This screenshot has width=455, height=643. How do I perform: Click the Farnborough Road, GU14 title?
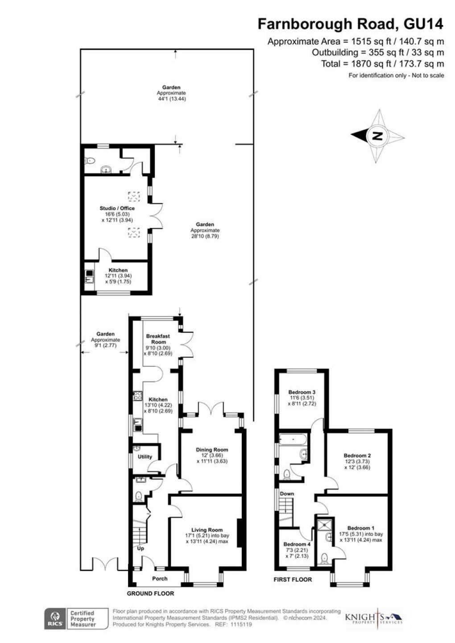click(x=351, y=24)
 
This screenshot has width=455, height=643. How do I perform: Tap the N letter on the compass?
click(x=377, y=136)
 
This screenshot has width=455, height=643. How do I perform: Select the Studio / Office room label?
click(x=117, y=208)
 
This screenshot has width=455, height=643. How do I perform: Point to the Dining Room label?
click(x=212, y=450)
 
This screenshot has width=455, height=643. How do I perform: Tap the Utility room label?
click(x=145, y=456)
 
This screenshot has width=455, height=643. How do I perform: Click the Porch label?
click(x=160, y=578)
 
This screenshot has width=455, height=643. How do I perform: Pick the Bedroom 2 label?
click(x=357, y=456)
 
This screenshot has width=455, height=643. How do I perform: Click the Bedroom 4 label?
click(x=297, y=544)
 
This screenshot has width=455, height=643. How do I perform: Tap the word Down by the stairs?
click(x=287, y=494)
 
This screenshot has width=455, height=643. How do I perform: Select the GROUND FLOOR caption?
click(x=150, y=593)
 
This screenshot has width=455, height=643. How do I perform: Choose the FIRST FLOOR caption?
click(x=293, y=580)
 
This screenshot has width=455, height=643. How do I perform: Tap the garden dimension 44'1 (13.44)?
click(x=171, y=99)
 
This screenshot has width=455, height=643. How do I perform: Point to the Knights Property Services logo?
click(x=374, y=618)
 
